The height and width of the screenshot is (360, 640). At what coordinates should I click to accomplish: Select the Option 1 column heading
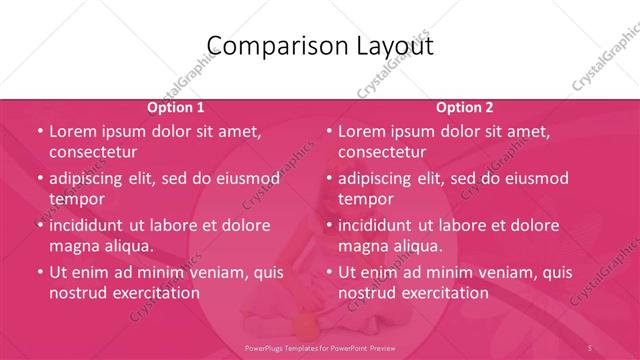pos(176,107)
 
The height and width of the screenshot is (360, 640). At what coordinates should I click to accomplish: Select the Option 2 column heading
pos(465,107)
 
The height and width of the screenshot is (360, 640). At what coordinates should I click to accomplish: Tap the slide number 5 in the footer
pos(591,346)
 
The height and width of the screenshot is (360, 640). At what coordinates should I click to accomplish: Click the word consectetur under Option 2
pos(382,152)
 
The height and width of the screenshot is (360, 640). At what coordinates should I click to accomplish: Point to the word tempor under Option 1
pos(77,199)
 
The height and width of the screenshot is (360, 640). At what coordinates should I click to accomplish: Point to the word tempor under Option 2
pos(367,199)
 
